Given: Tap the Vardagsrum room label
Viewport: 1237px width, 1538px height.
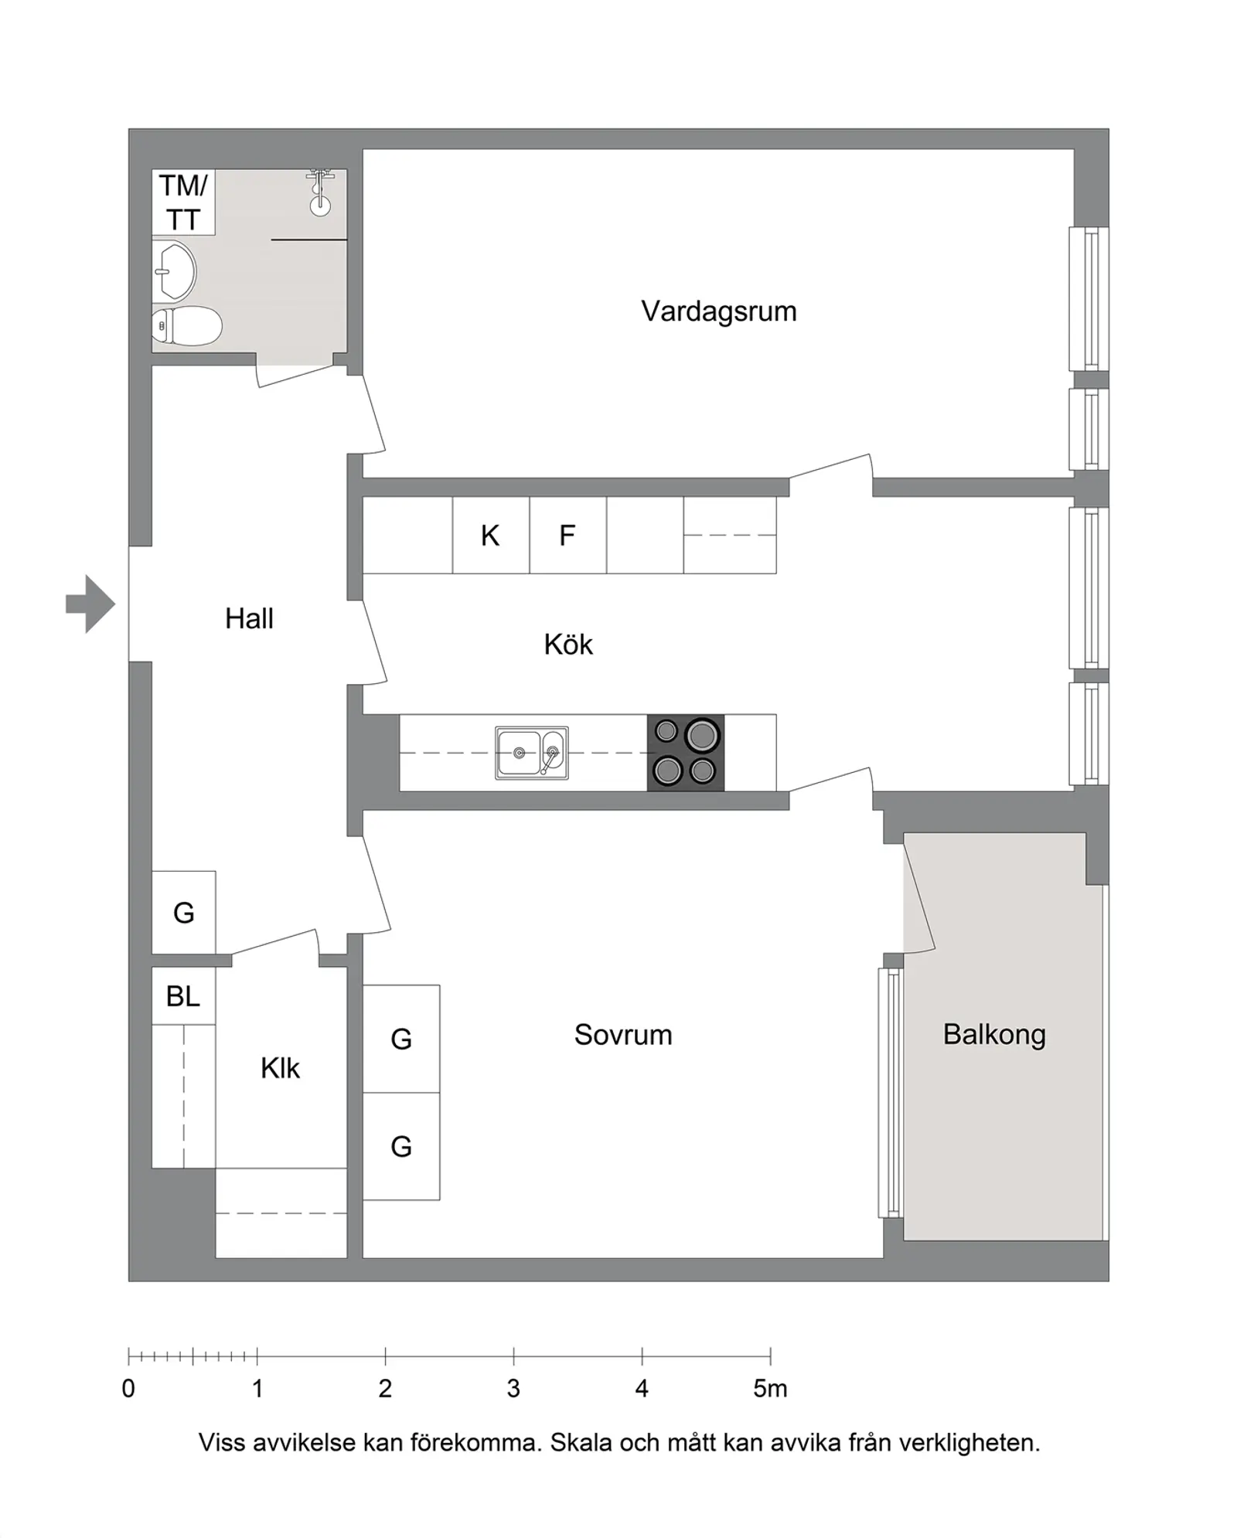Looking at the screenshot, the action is (x=718, y=311).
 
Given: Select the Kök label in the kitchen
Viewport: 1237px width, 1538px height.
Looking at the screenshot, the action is (x=568, y=645).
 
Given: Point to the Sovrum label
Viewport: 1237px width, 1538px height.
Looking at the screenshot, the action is (x=623, y=1035).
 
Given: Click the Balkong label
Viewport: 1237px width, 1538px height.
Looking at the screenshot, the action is (x=994, y=1035).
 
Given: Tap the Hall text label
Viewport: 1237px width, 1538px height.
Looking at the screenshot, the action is (x=249, y=619).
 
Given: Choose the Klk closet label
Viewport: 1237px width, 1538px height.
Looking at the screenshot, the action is (x=280, y=1068).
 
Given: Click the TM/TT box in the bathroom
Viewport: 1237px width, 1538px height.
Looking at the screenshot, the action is (x=183, y=202).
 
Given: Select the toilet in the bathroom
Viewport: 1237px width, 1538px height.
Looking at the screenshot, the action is (x=186, y=326).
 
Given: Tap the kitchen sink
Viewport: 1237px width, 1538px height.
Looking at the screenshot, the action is (x=532, y=753).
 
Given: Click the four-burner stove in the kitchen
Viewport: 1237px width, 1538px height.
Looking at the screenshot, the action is (x=686, y=753).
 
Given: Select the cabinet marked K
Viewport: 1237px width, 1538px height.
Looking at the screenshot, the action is (x=491, y=535).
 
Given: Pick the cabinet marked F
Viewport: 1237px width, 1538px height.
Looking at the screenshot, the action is (x=568, y=535).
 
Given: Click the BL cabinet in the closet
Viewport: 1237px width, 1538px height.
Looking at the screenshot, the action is (x=183, y=996).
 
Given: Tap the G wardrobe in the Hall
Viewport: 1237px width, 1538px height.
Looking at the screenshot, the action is (x=183, y=913).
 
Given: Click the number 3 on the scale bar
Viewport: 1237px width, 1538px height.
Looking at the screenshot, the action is (x=513, y=1389).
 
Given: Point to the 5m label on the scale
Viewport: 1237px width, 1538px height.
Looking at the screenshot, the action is (x=771, y=1389).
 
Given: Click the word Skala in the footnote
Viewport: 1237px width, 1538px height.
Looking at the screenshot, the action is (x=581, y=1443).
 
